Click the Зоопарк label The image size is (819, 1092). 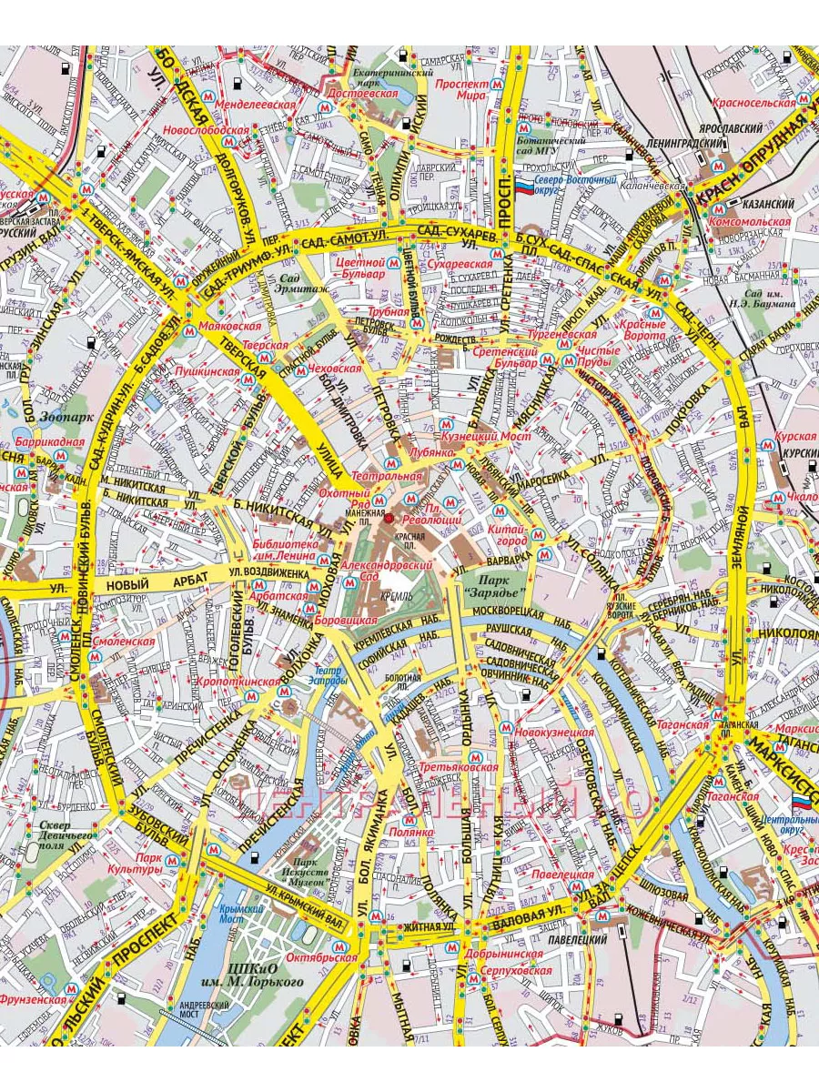pos(63,419)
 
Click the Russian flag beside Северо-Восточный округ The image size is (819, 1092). pos(525,186)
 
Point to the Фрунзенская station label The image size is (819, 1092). pos(34,999)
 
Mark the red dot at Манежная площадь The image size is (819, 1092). pos(389,518)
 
